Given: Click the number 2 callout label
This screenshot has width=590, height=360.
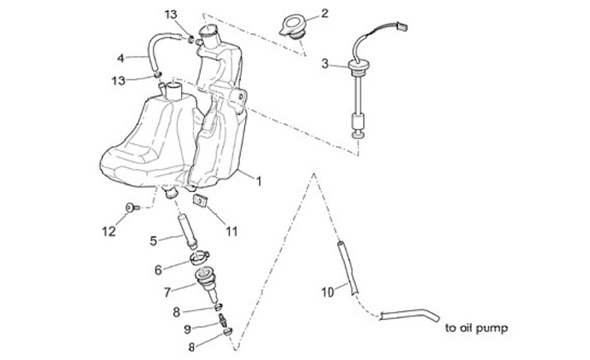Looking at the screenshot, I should click(x=324, y=13).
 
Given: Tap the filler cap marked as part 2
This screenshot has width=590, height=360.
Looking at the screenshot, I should click(x=292, y=25).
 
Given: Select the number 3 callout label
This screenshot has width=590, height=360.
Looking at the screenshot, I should click(x=324, y=64).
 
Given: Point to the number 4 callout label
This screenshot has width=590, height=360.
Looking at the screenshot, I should click(x=120, y=58).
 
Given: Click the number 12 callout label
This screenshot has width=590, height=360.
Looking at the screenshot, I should click(x=110, y=232).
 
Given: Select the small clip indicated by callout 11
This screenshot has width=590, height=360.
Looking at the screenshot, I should click(x=198, y=200).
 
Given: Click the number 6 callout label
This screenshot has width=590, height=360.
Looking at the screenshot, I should click(x=159, y=269).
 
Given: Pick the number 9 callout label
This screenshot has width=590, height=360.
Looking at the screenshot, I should click(x=187, y=329).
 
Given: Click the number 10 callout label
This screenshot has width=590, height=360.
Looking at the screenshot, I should click(x=327, y=290).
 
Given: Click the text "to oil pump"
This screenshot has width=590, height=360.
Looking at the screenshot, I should click(x=477, y=328).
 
